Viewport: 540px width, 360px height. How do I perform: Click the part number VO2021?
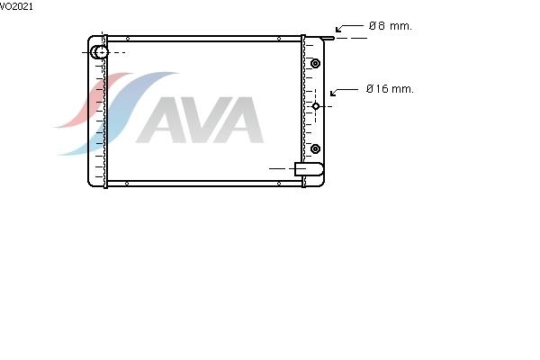pos(16,6)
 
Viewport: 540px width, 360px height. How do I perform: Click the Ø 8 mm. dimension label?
pos(391,26)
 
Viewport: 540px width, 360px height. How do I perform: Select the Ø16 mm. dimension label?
pos(390,89)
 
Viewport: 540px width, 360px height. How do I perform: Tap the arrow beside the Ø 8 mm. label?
pos(349,27)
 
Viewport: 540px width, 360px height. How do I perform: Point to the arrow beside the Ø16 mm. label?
pos(344,91)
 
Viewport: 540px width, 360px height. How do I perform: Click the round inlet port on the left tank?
pos(100,52)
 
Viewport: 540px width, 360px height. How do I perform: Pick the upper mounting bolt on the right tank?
pos(315,63)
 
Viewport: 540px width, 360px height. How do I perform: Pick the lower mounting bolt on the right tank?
pos(315,148)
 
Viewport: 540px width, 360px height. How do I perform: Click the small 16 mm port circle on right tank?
pos(316,106)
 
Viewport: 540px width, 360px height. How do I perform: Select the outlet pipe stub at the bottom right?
pos(309,169)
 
